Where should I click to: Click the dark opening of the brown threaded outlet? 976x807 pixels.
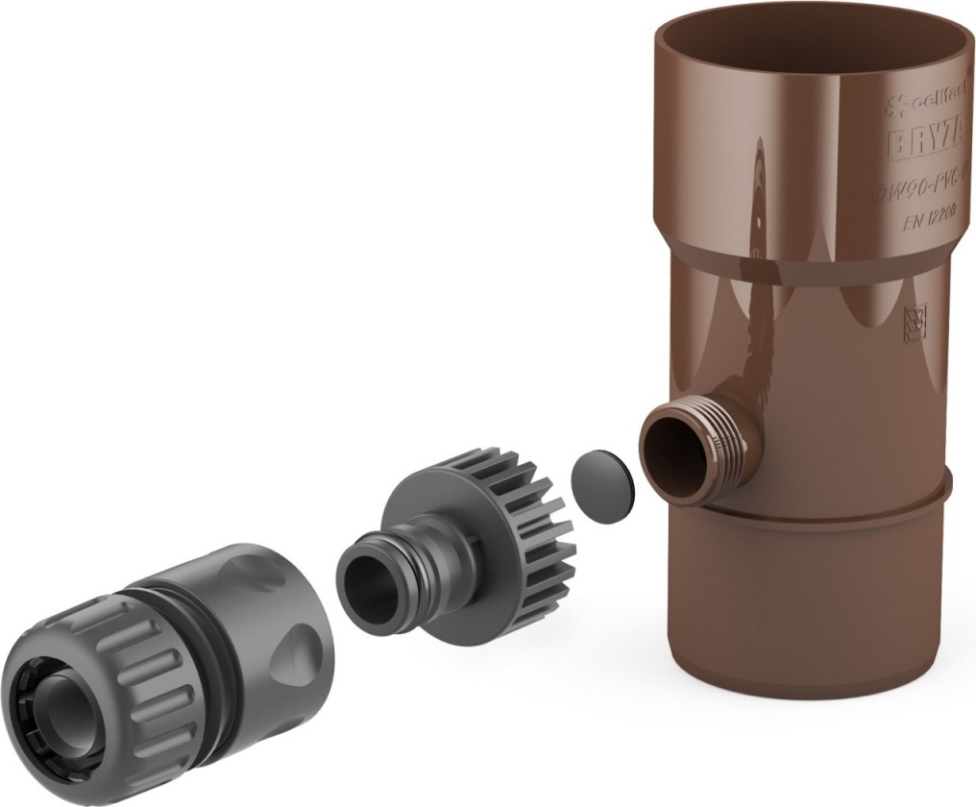tap(671, 451)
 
